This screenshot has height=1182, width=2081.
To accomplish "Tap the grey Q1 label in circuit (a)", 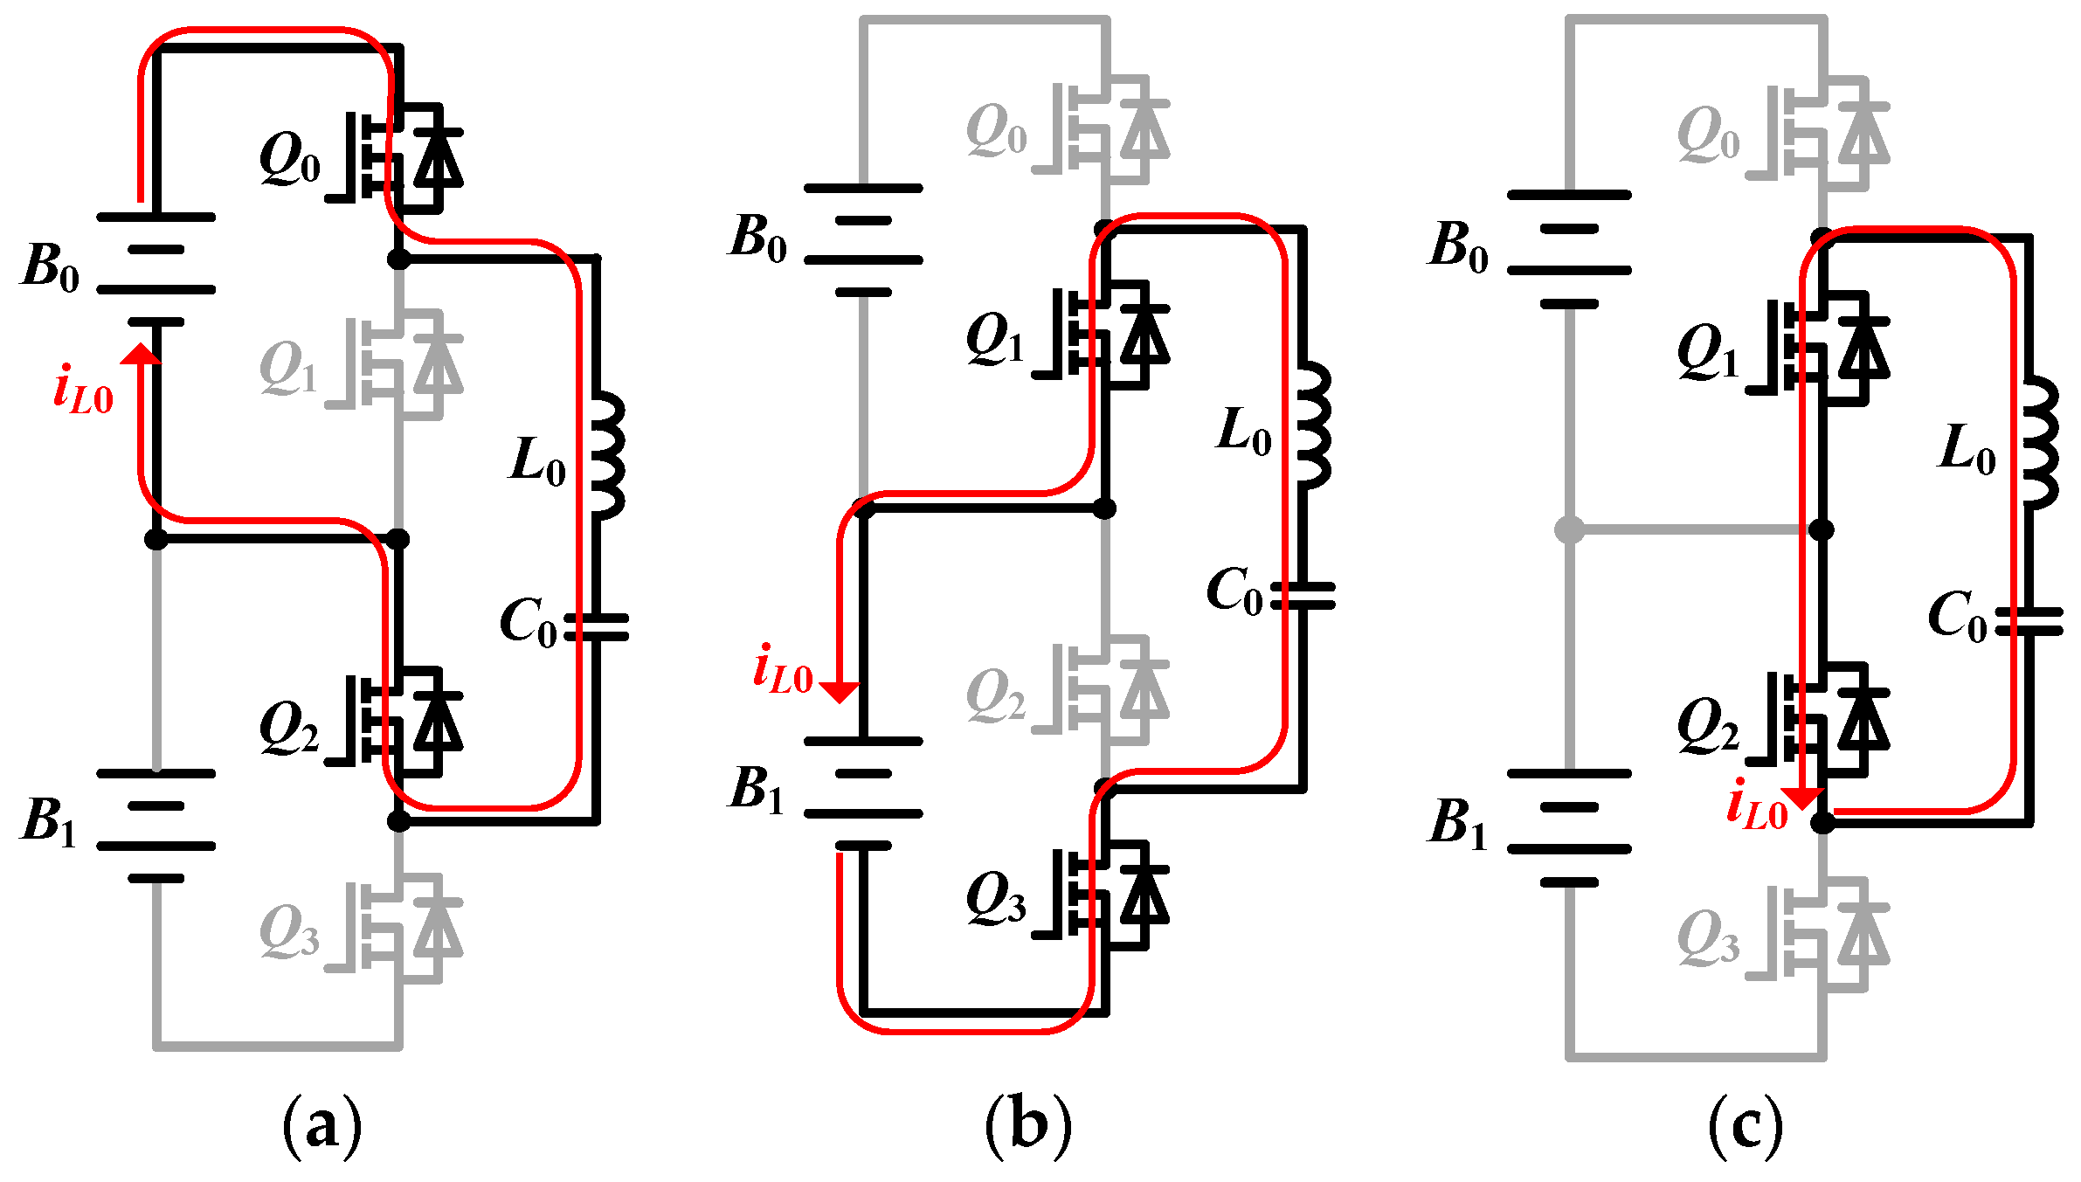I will click(x=288, y=369).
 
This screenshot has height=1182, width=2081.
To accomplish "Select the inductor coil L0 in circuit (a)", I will click(x=608, y=455).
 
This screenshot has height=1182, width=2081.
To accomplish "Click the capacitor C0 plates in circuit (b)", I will click(x=1303, y=596).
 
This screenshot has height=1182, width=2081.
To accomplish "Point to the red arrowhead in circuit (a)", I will click(x=141, y=354).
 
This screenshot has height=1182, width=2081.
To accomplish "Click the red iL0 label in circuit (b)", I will click(x=783, y=670).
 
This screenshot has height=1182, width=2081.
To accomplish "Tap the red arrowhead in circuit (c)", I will click(x=1802, y=798).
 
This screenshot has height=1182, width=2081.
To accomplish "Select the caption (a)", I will click(x=321, y=1126).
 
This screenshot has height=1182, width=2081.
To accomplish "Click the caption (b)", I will click(x=1027, y=1126).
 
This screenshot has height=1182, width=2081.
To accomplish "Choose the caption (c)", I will click(x=1745, y=1126).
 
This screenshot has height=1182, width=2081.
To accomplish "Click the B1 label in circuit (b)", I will click(x=757, y=790).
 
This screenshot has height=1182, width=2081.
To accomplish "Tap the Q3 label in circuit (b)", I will click(x=995, y=899).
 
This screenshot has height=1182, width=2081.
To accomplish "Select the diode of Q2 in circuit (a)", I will click(x=439, y=722).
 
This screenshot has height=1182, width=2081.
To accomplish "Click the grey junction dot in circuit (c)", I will click(x=1569, y=529).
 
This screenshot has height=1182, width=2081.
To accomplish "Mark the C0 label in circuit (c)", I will click(x=1958, y=617).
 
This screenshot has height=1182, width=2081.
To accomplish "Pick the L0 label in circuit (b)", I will click(x=1244, y=432).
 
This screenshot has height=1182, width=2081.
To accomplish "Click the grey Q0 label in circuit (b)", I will click(x=997, y=131).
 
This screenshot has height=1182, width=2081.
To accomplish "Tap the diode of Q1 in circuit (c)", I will click(x=1863, y=348).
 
